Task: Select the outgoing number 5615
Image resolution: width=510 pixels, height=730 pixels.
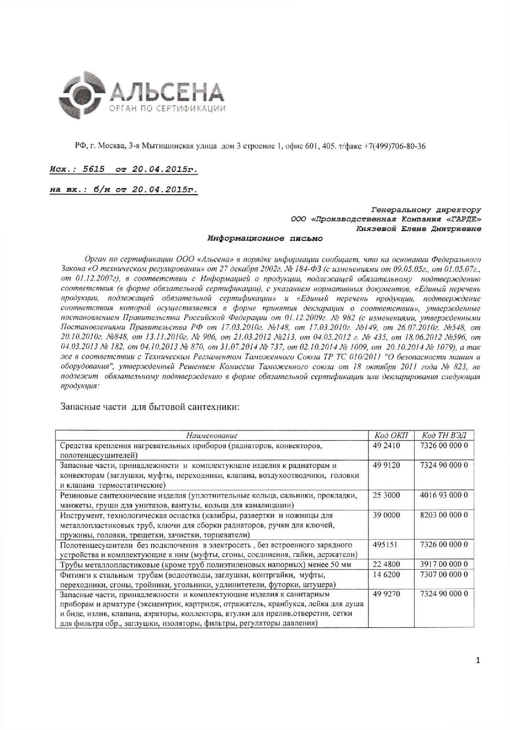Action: [x=94, y=169]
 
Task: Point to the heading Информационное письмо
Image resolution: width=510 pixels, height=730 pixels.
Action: [x=265, y=238]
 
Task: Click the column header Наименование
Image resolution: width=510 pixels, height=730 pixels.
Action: [x=212, y=436]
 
